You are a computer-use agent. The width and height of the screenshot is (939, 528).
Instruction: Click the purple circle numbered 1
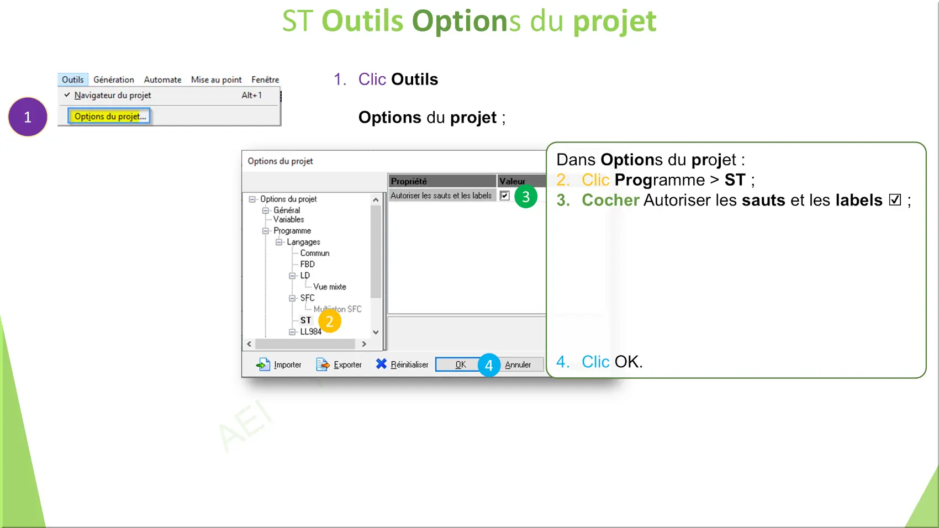[28, 117]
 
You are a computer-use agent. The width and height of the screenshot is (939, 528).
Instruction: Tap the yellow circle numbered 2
[330, 321]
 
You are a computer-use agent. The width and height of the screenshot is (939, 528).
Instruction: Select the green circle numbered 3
[526, 197]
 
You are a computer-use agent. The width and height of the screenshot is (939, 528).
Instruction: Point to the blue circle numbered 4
[489, 366]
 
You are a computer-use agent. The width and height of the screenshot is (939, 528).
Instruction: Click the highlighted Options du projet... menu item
[110, 117]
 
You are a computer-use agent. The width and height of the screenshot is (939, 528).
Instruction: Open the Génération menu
[114, 80]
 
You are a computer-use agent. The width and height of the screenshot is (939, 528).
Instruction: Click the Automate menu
[162, 80]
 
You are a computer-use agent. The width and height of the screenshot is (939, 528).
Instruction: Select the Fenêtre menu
[265, 80]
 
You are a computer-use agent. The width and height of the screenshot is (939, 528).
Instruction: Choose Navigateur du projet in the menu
[112, 96]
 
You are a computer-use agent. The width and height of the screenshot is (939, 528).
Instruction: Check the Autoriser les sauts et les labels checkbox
[504, 196]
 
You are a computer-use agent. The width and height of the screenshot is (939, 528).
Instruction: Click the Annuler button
[518, 365]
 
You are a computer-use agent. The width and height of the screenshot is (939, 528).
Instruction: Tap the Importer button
[279, 365]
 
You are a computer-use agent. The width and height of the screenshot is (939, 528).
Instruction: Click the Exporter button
[339, 365]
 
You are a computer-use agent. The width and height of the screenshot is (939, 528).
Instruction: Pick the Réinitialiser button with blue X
[402, 365]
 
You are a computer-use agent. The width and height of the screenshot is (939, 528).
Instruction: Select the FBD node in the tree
[307, 265]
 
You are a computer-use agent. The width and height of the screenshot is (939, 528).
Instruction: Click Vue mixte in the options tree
[330, 287]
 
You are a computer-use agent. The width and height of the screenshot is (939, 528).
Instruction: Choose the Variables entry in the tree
[289, 220]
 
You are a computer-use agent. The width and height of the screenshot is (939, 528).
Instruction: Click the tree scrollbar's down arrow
[376, 332]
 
